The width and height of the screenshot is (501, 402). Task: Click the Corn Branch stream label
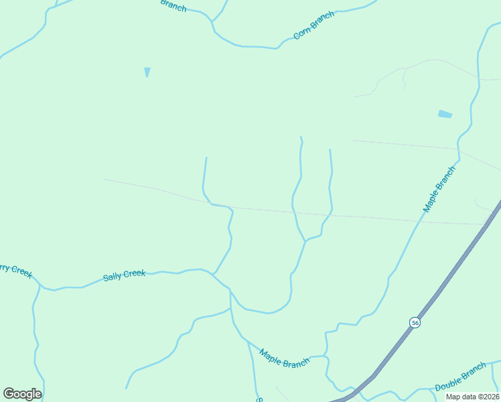pos(313,26)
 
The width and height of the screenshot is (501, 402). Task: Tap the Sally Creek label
pos(124,275)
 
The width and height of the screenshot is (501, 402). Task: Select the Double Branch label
pos(460,378)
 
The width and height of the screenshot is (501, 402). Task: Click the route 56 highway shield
pos(415,322)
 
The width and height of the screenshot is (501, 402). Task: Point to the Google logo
pos(22,394)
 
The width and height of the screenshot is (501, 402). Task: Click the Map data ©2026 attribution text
pos(472,397)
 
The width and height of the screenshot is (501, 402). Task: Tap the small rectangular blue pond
pos(445,115)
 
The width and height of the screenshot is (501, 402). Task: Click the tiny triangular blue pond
pos(147,72)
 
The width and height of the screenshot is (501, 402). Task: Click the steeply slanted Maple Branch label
pos(439,189)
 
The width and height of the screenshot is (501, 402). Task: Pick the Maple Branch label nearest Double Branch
pos(285,358)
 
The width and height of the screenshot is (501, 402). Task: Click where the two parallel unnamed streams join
pos(306,241)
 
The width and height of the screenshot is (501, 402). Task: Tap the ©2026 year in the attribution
pos(488,397)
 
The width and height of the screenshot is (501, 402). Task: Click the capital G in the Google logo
pos(9,394)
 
